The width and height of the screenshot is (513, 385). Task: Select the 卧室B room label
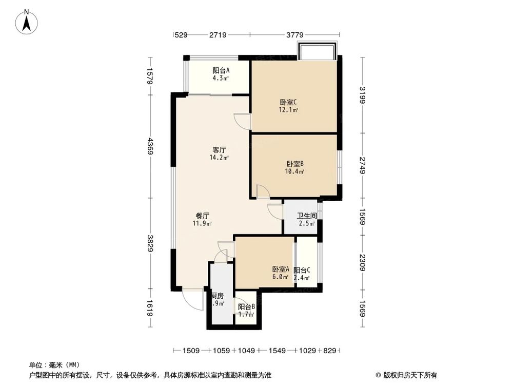[x=294, y=164]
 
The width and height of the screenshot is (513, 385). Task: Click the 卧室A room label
[x=281, y=269]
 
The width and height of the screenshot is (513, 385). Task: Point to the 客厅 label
[x=219, y=150]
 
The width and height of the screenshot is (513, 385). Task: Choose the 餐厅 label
[x=202, y=216]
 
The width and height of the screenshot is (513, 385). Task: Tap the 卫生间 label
[x=306, y=216]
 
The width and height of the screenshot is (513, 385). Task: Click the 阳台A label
[x=221, y=71]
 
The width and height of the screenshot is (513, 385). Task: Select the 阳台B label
[x=246, y=307]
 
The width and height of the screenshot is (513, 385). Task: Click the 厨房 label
[x=218, y=296]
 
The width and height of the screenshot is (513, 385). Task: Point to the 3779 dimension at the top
[x=294, y=35]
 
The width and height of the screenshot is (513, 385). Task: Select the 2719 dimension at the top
[x=218, y=35]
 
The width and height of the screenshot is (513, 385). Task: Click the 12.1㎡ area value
[x=288, y=109]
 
